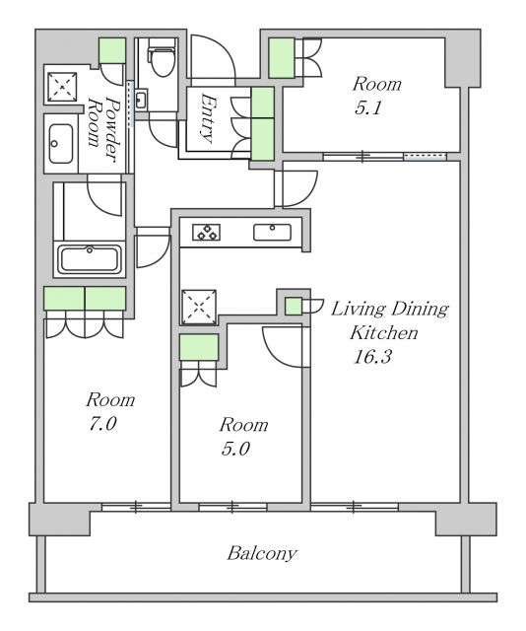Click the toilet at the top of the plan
(x=162, y=57)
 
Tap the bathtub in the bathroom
(x=90, y=259)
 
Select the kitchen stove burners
(x=206, y=233)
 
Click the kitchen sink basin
(x=272, y=233)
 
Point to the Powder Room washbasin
(x=61, y=143)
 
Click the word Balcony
(x=262, y=554)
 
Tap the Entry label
(x=207, y=118)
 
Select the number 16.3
(x=372, y=357)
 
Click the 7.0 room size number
(x=102, y=424)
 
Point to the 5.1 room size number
(x=368, y=107)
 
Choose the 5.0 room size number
(x=235, y=449)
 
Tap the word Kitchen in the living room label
(x=383, y=333)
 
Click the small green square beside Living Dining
(x=294, y=307)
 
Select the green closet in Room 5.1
(x=282, y=57)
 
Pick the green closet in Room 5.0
(x=199, y=347)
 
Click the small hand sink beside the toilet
(x=141, y=100)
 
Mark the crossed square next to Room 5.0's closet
(x=199, y=307)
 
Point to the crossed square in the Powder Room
(x=62, y=87)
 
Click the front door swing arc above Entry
(x=226, y=49)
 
